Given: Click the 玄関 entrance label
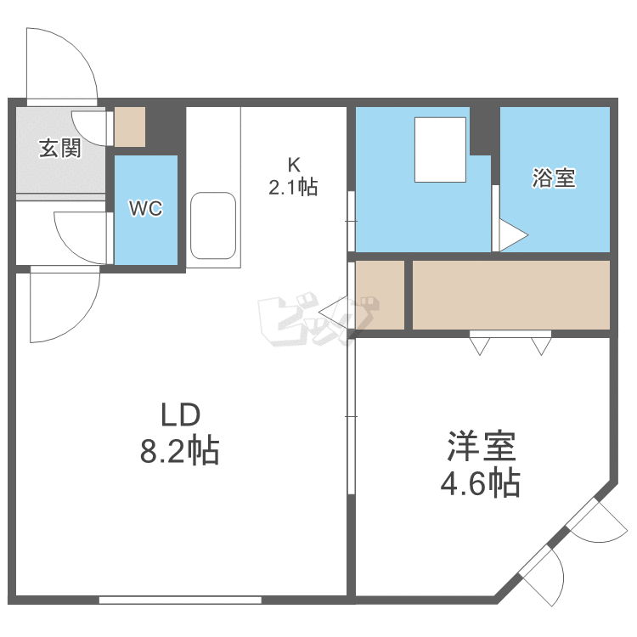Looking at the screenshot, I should pyautogui.click(x=59, y=149).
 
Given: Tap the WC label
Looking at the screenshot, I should pyautogui.click(x=145, y=209).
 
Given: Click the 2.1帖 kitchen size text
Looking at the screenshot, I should pyautogui.click(x=293, y=188).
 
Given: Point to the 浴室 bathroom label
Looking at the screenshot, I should pyautogui.click(x=554, y=178).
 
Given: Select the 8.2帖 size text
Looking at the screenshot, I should pyautogui.click(x=180, y=450).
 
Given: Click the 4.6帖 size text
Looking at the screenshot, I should pyautogui.click(x=480, y=483).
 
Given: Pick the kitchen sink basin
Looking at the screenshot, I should pyautogui.click(x=212, y=225).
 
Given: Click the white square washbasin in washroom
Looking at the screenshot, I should pyautogui.click(x=440, y=149).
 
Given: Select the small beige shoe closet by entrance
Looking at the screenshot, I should pyautogui.click(x=131, y=126).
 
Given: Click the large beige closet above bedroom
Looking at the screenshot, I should pyautogui.click(x=510, y=295).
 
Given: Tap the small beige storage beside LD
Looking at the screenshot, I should pyautogui.click(x=380, y=295).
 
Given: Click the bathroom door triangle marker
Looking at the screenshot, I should pyautogui.click(x=512, y=235).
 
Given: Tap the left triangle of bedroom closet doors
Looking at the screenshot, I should pyautogui.click(x=480, y=346).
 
